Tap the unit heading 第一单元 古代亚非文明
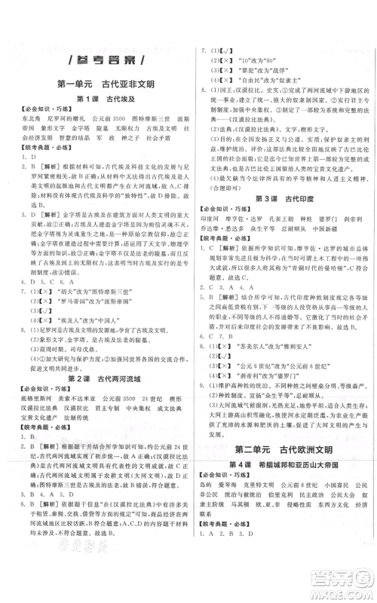100,83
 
